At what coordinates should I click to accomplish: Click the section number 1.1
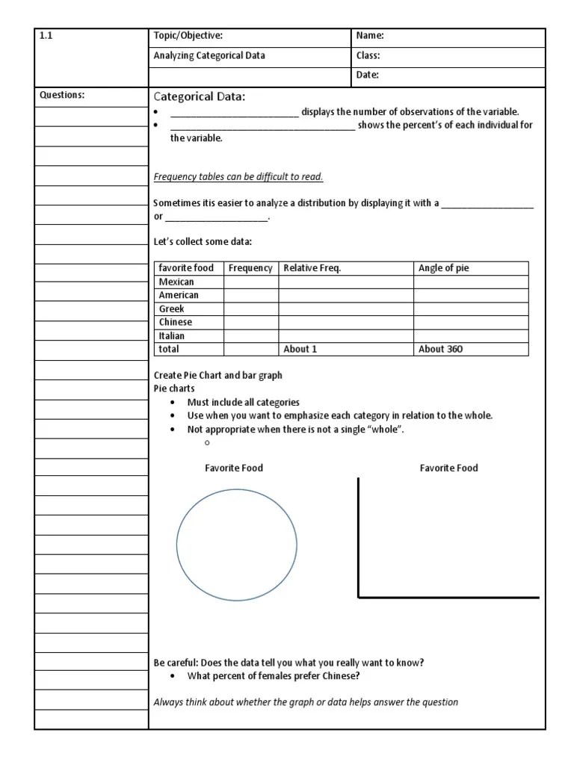(x=46, y=36)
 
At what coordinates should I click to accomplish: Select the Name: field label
(x=370, y=36)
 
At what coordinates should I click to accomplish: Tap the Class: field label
(x=368, y=55)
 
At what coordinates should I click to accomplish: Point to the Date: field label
(x=368, y=75)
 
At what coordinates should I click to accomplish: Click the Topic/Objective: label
(x=188, y=36)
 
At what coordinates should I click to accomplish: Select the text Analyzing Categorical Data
(x=209, y=55)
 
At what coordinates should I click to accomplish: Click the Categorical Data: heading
(x=199, y=96)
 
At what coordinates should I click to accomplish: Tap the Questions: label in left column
(x=62, y=95)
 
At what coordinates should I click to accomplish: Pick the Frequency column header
(x=250, y=268)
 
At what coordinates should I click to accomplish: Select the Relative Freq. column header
(x=312, y=268)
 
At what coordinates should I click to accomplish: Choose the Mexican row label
(x=176, y=282)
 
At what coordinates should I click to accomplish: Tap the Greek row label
(x=171, y=309)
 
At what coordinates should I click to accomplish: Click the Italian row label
(x=172, y=335)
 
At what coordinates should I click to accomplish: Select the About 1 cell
(x=300, y=349)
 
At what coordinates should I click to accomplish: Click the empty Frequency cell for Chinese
(x=251, y=322)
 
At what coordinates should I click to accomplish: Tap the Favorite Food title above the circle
(x=234, y=468)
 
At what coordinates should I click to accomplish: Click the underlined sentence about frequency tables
(x=238, y=177)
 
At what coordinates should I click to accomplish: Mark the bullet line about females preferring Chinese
(x=274, y=677)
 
